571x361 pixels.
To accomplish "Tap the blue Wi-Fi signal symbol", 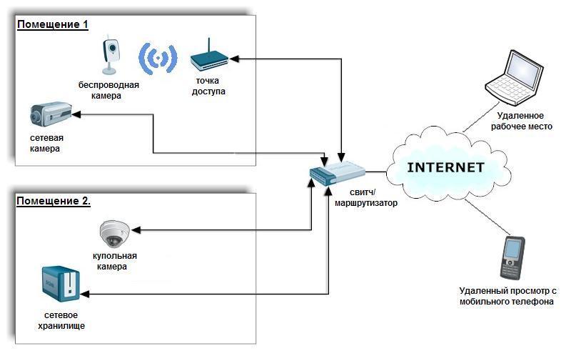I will tap(157, 58).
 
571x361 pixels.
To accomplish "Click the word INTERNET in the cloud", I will tap(445, 168).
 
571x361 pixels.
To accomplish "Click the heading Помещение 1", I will tap(53, 25).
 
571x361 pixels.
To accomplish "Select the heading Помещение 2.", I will tap(54, 201).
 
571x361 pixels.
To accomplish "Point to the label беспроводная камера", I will tap(109, 90).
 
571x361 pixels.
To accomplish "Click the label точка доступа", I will tap(208, 86).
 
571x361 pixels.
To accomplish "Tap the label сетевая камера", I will tap(46, 143).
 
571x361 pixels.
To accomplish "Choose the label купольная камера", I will tap(114, 261).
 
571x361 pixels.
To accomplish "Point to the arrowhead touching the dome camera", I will tap(136, 230).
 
